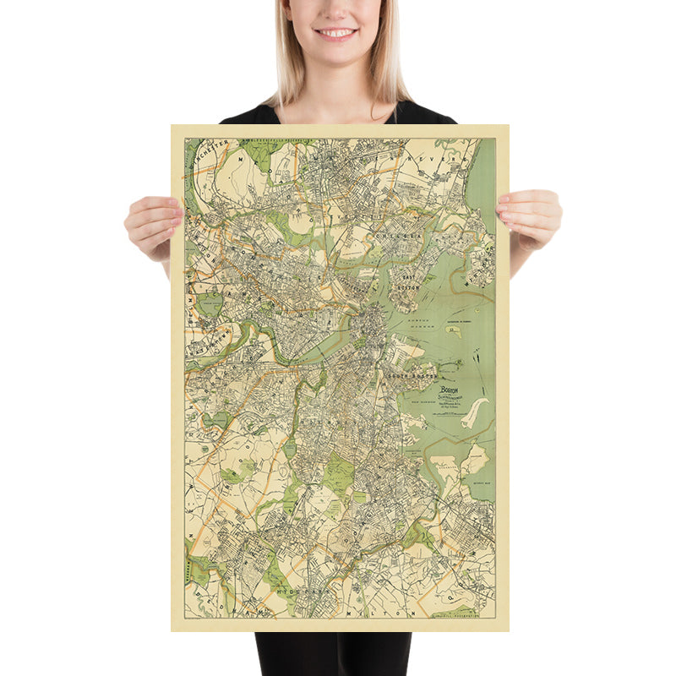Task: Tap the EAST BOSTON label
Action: point(410,281)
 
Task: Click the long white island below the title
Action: point(475,413)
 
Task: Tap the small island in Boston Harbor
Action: point(453,331)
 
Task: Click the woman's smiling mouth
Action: point(336,34)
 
